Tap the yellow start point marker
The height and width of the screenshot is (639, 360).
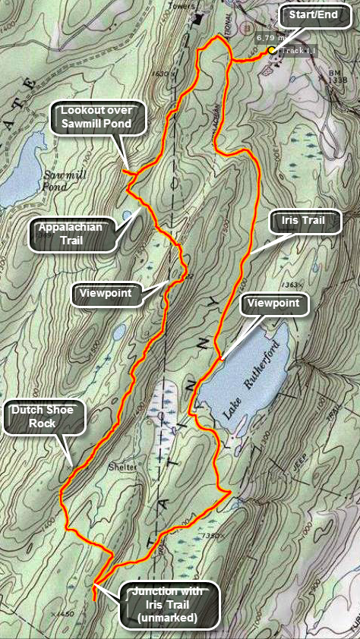tap(271, 50)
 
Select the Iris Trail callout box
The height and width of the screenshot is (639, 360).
tap(302, 222)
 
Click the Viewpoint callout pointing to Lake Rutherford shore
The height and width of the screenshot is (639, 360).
tap(275, 305)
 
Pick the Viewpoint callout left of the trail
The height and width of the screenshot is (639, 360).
tap(108, 292)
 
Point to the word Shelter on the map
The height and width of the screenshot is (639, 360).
tap(122, 467)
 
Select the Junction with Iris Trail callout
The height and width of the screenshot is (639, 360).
tap(167, 605)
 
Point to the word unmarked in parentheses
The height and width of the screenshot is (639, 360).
tap(167, 618)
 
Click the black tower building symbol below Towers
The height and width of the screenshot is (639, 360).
tap(199, 17)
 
